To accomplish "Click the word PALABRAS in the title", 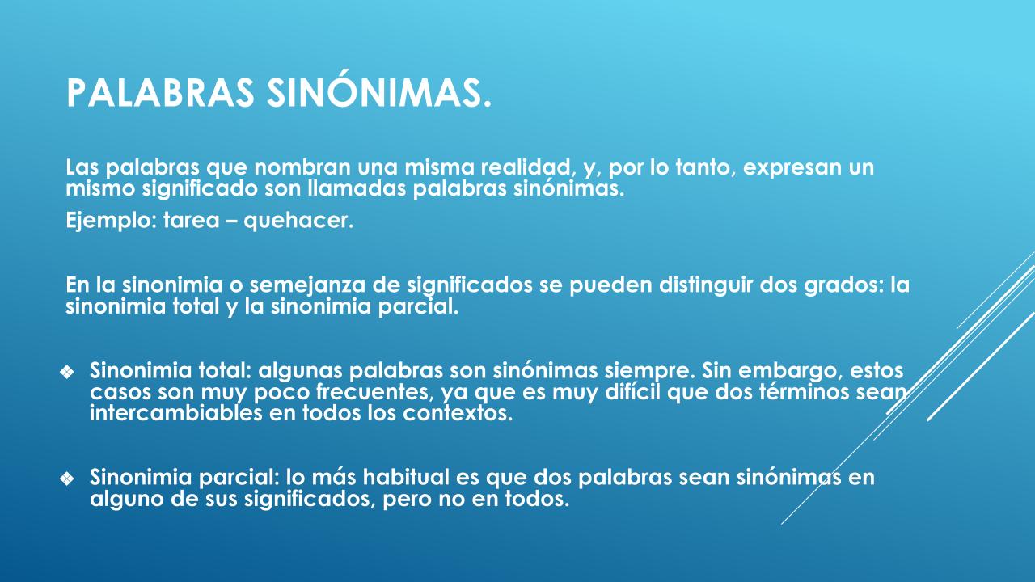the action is click(160, 93).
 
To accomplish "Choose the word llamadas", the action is click(357, 188).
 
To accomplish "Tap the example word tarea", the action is click(192, 221).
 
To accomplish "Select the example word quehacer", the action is click(298, 221).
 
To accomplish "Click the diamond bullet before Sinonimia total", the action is click(67, 373).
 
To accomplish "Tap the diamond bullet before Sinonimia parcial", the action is click(67, 479).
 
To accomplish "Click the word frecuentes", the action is click(375, 393).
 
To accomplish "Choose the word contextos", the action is click(458, 413).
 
